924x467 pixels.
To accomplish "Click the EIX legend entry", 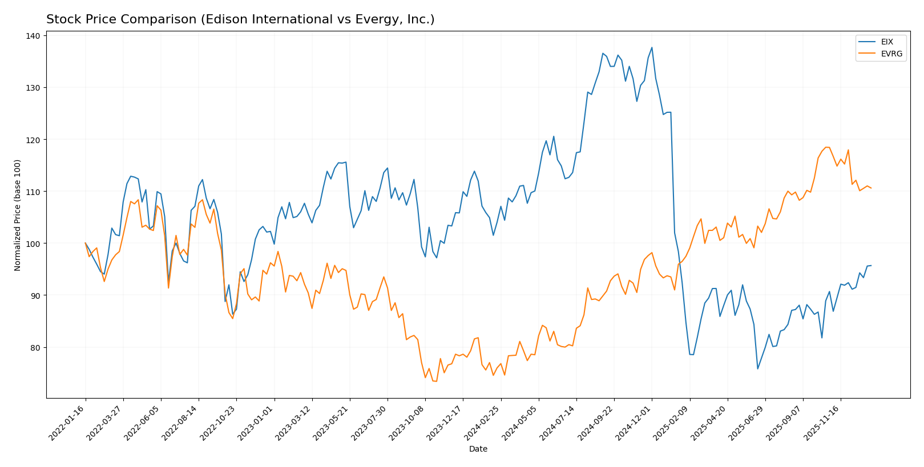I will [x=886, y=42].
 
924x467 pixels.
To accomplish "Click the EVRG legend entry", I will [x=890, y=54].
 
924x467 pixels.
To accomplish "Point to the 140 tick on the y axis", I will [x=33, y=36].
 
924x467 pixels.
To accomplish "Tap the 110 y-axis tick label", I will [x=33, y=192].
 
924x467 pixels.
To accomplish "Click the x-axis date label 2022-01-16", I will [x=67, y=421].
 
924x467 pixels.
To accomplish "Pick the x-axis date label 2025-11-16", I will [x=822, y=421].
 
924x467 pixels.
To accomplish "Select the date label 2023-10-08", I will [x=407, y=421].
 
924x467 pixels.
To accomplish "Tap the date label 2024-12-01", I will [x=634, y=421].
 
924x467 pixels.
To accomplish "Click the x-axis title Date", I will [x=478, y=449].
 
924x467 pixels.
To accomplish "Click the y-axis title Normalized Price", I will [x=18, y=215].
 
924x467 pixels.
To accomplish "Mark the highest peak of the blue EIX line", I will [x=652, y=47].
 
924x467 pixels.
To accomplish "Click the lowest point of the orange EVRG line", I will [x=436, y=381].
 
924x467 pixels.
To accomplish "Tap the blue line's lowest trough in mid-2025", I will [x=757, y=368].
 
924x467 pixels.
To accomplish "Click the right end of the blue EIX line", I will [x=871, y=265].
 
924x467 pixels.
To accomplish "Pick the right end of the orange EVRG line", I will [x=871, y=188].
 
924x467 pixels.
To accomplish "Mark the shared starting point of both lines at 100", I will [x=86, y=243].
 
